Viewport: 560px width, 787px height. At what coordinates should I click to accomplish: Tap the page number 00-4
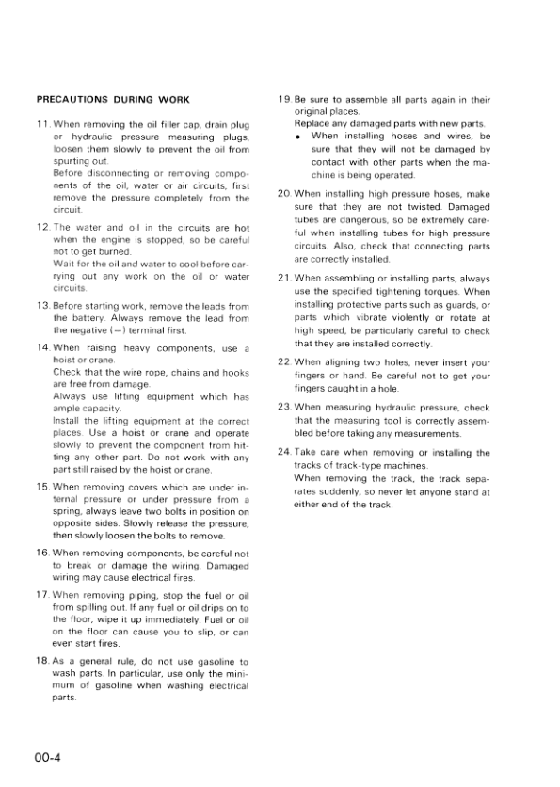point(51,754)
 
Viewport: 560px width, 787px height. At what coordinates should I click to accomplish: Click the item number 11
point(43,125)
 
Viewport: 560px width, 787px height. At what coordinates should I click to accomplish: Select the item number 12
point(43,228)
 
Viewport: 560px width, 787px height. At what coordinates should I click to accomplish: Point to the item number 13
point(43,308)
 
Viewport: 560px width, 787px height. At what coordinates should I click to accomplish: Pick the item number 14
point(43,348)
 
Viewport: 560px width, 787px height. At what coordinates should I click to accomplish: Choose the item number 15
point(43,486)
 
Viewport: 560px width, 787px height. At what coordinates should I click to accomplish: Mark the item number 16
point(43,554)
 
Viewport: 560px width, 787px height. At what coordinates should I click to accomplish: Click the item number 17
point(43,596)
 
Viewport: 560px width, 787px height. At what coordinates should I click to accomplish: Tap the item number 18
point(43,663)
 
